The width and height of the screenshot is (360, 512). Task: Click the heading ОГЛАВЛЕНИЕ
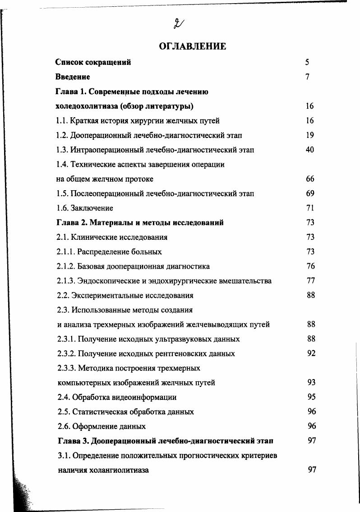tap(192, 46)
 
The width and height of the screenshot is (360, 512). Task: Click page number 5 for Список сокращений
tap(307, 62)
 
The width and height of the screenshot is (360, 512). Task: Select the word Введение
tap(73, 77)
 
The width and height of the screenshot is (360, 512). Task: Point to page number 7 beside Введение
tap(307, 77)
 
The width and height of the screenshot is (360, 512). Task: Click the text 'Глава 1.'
tap(71, 91)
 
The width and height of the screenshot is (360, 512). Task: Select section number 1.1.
tap(62, 121)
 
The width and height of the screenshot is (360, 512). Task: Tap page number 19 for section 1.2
tap(309, 135)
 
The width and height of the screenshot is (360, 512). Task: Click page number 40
tap(309, 150)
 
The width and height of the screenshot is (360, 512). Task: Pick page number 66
tap(309, 179)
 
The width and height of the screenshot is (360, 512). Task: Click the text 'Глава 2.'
tap(72, 223)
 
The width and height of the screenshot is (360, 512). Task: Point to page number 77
tap(310, 281)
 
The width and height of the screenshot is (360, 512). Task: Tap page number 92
tap(311, 353)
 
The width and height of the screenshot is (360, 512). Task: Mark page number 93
tap(311, 382)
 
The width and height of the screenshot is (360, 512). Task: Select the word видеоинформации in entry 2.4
tap(143, 397)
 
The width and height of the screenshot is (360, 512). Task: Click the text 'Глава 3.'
tap(73, 441)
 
